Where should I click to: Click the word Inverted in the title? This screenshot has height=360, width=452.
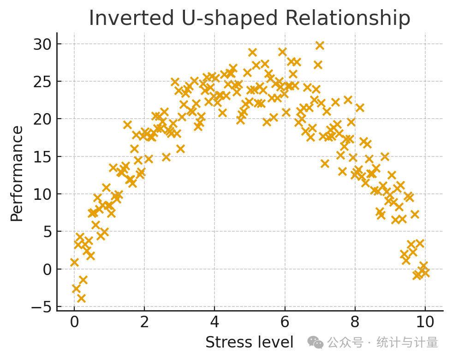131,18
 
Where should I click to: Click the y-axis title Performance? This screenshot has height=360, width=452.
17,174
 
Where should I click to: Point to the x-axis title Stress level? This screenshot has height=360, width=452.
250,342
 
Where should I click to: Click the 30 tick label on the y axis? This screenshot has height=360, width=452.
42,44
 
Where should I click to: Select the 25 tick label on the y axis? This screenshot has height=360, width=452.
42,82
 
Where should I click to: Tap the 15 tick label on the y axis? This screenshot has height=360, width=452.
42,157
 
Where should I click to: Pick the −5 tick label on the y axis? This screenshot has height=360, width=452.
41,307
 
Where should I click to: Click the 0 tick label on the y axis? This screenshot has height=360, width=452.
47,270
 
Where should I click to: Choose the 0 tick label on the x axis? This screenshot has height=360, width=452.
74,321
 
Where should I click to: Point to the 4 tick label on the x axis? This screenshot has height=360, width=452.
214,321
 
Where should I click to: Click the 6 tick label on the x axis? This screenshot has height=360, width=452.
285,321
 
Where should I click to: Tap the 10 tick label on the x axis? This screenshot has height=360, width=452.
425,321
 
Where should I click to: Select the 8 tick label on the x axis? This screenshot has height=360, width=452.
355,321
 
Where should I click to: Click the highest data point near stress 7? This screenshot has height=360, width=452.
320,45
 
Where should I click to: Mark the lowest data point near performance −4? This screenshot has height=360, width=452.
81,298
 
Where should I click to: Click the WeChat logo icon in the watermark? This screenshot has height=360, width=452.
315,342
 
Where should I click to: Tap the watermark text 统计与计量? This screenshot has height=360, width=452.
407,342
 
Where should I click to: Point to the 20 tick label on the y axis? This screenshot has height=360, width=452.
42,120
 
